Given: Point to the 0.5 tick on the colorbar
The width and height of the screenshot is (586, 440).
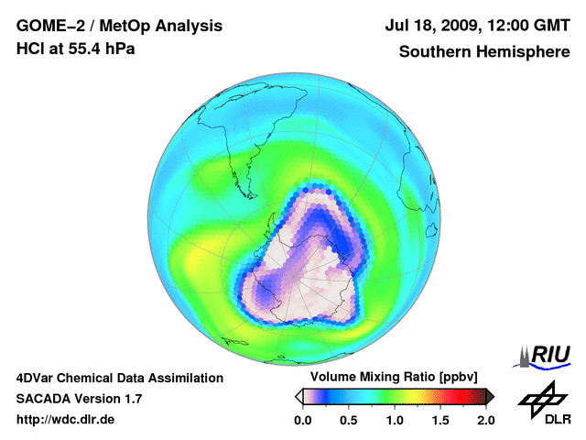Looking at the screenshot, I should point(348,420).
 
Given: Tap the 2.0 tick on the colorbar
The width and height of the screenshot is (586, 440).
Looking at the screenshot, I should point(485,420).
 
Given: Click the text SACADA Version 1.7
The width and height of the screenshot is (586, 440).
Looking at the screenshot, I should point(79,399).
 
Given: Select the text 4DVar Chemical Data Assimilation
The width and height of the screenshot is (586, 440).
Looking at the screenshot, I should point(120,378).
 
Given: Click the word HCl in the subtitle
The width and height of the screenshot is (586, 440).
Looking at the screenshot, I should point(29,49).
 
